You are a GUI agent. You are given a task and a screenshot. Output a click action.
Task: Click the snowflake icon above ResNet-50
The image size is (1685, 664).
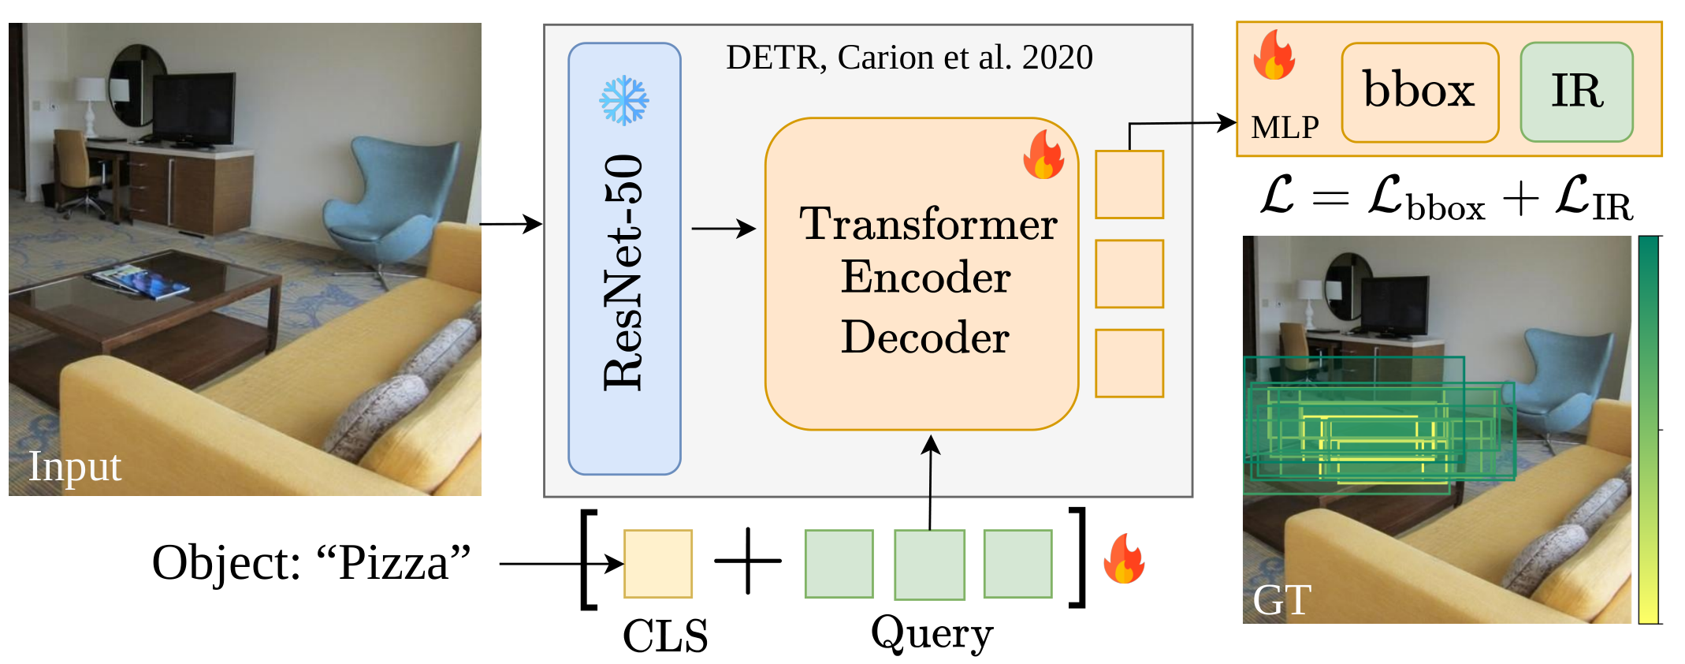tap(623, 100)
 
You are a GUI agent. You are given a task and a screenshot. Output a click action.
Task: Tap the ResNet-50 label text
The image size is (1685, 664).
tap(624, 272)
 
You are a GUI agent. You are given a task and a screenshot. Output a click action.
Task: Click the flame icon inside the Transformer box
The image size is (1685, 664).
tap(1043, 155)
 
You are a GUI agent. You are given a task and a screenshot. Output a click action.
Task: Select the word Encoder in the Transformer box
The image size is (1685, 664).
tap(925, 277)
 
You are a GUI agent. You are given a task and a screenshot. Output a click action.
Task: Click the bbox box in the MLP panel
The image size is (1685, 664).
tap(1419, 92)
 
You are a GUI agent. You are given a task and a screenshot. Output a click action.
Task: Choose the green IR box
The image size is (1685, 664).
tap(1576, 91)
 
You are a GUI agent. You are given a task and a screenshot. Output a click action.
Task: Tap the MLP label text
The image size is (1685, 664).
tap(1285, 127)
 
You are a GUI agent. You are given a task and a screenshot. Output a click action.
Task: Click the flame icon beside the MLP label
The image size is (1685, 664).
tap(1274, 55)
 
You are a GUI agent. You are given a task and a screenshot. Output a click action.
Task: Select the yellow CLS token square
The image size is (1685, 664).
tap(658, 563)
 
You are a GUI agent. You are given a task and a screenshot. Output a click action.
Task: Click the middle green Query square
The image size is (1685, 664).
tap(929, 564)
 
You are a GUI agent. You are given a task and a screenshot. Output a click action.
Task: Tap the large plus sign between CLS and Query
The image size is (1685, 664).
tap(747, 561)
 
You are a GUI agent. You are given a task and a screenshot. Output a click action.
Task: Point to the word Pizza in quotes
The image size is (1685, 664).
tap(393, 563)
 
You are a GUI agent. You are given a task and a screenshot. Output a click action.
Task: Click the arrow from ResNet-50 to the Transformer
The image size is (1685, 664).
tap(723, 229)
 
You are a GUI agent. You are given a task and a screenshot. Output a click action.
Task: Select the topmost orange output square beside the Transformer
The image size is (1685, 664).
tap(1129, 185)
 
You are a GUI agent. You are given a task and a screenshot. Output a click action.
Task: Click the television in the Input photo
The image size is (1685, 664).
tap(193, 108)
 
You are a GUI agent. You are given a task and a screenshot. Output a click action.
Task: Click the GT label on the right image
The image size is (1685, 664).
tap(1282, 600)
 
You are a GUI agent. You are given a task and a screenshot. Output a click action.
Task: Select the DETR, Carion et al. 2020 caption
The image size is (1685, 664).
tap(909, 58)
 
